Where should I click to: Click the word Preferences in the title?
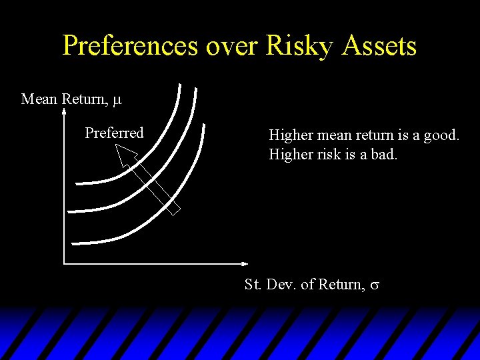pos(131,46)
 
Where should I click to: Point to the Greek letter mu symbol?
pos(117,100)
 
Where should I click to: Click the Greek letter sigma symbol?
pos(375,285)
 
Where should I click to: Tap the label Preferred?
pos(114,133)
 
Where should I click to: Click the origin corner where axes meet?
pos(63,263)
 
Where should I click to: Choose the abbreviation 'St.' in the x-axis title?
pos(253,285)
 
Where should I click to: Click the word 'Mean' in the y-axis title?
pos(39,99)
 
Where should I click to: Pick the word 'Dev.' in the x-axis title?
pos(279,285)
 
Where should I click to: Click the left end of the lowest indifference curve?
pos(73,243)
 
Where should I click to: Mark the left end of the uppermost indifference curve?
pos(77,181)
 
